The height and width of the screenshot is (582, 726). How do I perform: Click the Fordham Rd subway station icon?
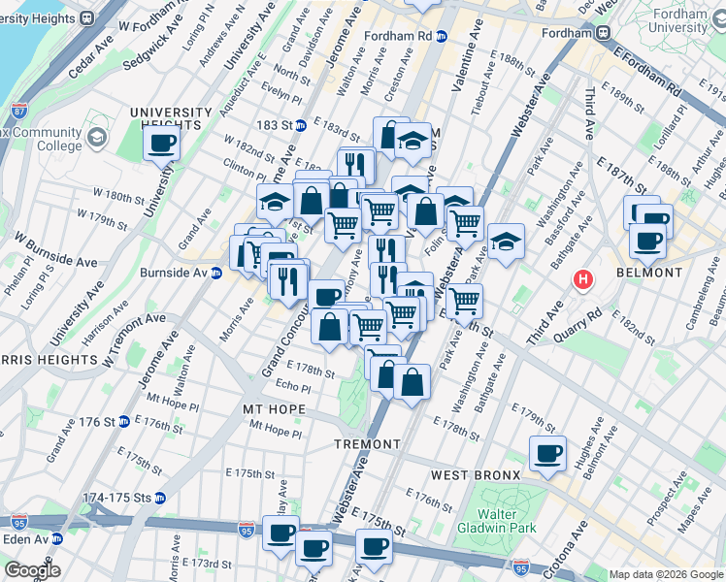[x=442, y=37]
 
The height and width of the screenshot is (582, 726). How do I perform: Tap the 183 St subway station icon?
[x=301, y=125]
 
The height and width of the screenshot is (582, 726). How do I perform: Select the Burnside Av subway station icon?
[x=216, y=273]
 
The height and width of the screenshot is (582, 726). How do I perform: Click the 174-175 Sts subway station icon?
[x=159, y=498]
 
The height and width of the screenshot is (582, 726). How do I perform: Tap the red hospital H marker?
[x=582, y=280]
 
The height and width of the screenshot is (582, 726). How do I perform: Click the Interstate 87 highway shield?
[x=9, y=87]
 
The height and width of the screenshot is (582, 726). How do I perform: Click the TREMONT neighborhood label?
[x=368, y=443]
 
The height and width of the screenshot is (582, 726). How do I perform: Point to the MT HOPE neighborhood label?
[x=274, y=410]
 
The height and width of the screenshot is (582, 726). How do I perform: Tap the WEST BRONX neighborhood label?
[x=476, y=474]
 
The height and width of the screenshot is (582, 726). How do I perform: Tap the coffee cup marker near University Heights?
[x=161, y=144]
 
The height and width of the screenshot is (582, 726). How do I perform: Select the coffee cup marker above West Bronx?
[x=547, y=452]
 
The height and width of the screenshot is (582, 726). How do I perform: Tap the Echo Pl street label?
[x=292, y=384]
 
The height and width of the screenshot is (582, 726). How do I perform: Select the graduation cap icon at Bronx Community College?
[x=97, y=140]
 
